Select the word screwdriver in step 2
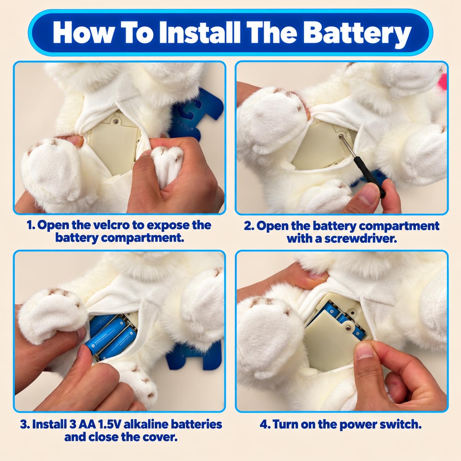[360, 239]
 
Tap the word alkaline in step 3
[146, 424]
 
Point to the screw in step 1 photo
[116, 121]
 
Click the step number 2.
[248, 226]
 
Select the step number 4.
[264, 424]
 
